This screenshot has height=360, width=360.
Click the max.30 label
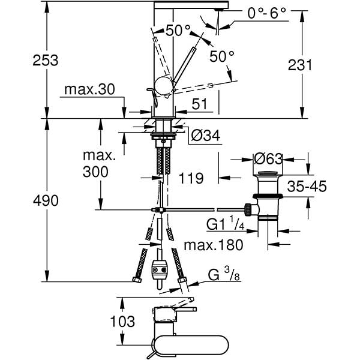[x=88, y=90]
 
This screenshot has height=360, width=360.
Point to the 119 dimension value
[x=191, y=178]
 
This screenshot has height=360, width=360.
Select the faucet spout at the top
[x=192, y=5]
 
